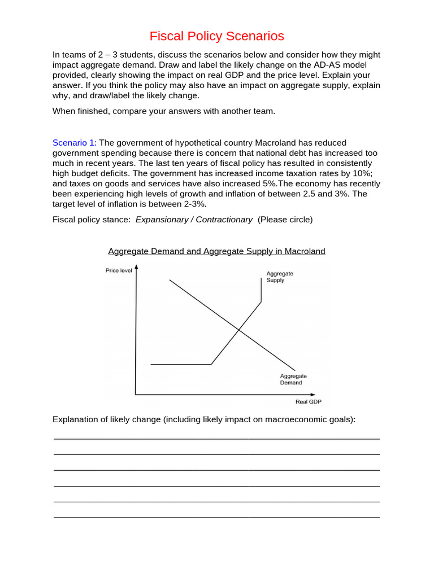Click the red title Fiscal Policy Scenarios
coord(217,37)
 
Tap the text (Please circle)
coord(285,220)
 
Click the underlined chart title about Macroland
coord(216,251)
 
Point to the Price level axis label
coord(119,270)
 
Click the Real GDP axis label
coord(308,402)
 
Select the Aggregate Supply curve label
coord(279,277)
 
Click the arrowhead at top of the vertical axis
coord(136,268)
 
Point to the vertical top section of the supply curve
coord(261,291)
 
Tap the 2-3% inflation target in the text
coord(192,204)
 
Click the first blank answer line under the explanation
coord(216,439)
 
